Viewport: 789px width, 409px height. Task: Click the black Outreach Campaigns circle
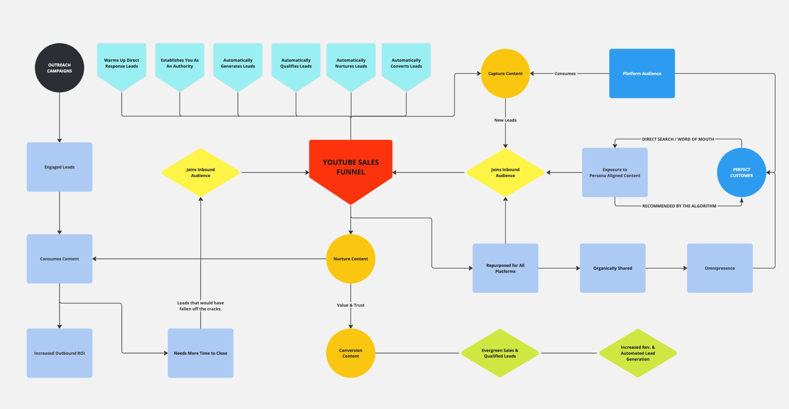(59, 68)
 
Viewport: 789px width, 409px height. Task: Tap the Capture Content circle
(505, 73)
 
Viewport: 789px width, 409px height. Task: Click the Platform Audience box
(642, 73)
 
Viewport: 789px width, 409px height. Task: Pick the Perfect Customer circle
(741, 172)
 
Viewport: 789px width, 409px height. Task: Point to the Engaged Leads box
(59, 167)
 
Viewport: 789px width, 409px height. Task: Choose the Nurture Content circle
(350, 259)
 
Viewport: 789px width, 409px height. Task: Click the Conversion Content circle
(350, 353)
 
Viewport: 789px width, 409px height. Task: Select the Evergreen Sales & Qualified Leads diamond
(500, 353)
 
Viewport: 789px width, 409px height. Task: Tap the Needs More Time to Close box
(200, 353)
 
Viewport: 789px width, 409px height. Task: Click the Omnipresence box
(720, 268)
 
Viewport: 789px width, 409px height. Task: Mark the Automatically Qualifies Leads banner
(296, 63)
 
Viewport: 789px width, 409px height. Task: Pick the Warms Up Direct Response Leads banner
(121, 63)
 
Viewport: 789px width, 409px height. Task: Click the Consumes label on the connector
(565, 73)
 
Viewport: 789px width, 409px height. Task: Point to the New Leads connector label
(505, 120)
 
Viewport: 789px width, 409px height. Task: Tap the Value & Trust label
(350, 305)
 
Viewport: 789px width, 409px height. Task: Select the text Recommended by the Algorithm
(679, 206)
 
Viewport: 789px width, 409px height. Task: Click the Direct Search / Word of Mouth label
(678, 139)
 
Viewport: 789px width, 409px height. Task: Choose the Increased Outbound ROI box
(59, 353)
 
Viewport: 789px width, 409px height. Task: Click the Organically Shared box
(612, 268)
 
